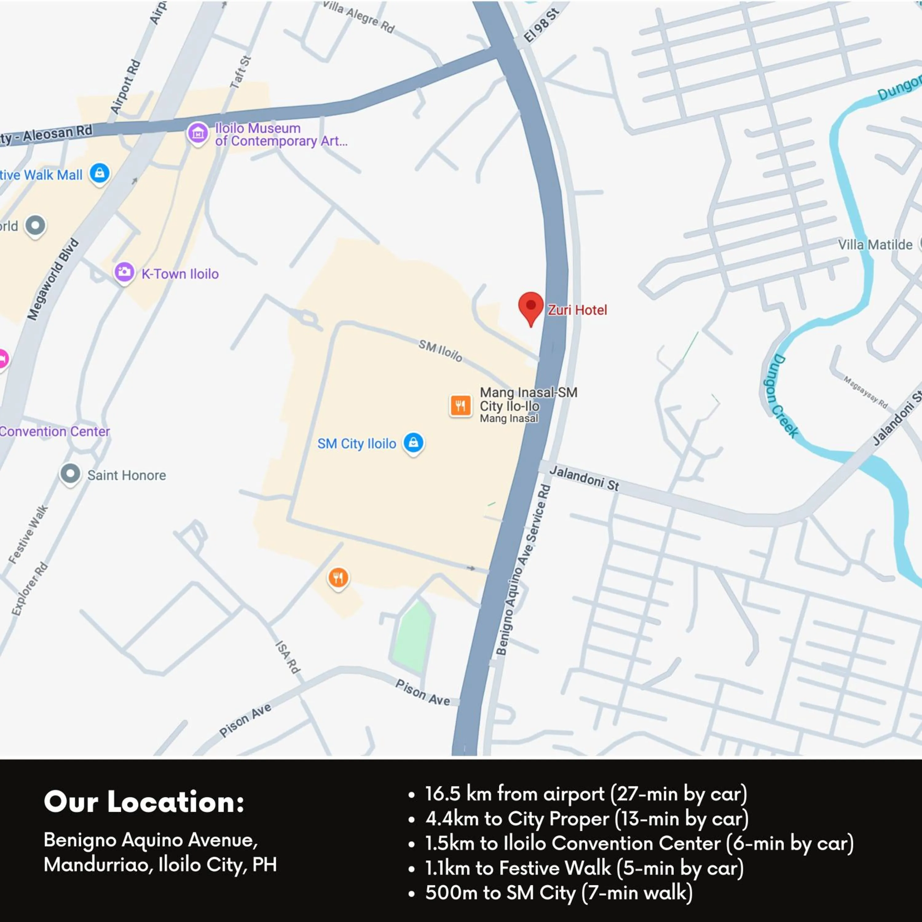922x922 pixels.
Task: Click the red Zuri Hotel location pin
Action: pos(531,306)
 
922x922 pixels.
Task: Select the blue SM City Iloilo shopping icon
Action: pos(413,442)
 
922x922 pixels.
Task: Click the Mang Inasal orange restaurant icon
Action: pos(460,406)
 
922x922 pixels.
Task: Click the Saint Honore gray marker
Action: pos(70,474)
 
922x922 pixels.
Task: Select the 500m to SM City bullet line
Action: pos(558,892)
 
